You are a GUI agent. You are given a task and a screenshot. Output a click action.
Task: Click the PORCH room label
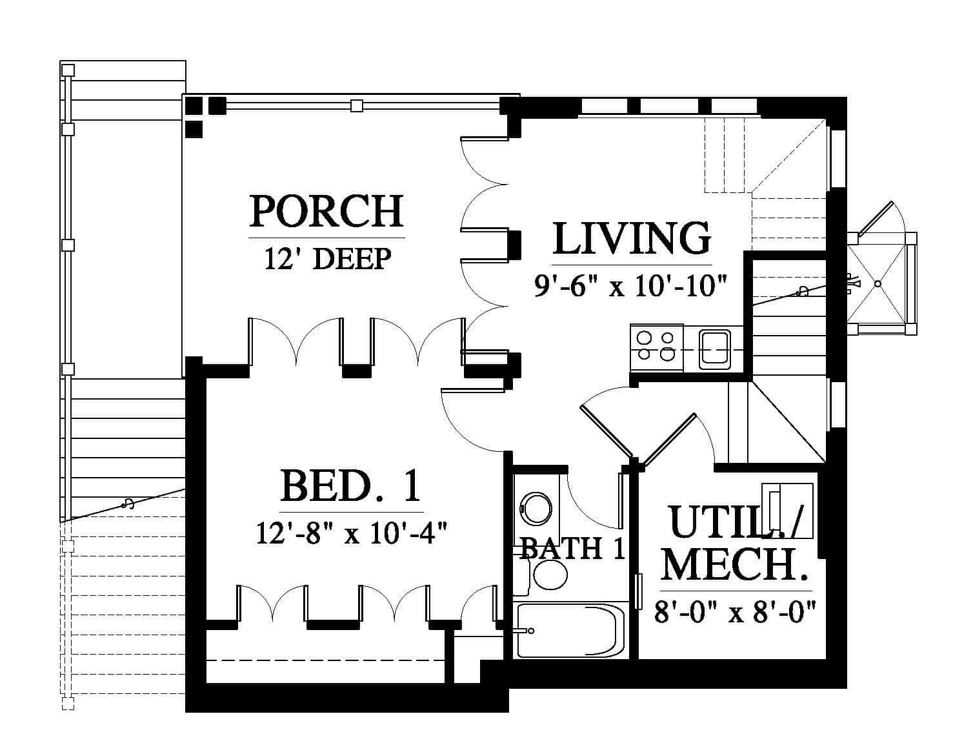(x=326, y=211)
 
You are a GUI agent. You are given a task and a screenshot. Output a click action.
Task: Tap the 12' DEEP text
(x=328, y=259)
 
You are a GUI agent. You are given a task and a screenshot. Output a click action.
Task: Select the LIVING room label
(x=632, y=238)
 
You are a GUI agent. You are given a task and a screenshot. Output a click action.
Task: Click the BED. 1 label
(x=350, y=485)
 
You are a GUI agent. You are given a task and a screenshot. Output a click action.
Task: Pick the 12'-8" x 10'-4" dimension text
(x=352, y=533)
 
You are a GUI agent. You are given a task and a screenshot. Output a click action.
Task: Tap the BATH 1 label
(x=572, y=548)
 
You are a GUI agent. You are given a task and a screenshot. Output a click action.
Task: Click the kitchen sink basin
(x=715, y=349)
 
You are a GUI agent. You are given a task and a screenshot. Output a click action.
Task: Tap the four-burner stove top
(x=656, y=348)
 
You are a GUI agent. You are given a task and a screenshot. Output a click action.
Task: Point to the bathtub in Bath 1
(x=571, y=630)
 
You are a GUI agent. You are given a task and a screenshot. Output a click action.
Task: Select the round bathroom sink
(x=536, y=509)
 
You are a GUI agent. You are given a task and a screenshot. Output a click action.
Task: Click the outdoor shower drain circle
(x=878, y=283)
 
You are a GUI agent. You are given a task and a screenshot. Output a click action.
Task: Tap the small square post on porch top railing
(x=356, y=106)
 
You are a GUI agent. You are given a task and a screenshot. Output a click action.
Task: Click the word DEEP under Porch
(x=352, y=259)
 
